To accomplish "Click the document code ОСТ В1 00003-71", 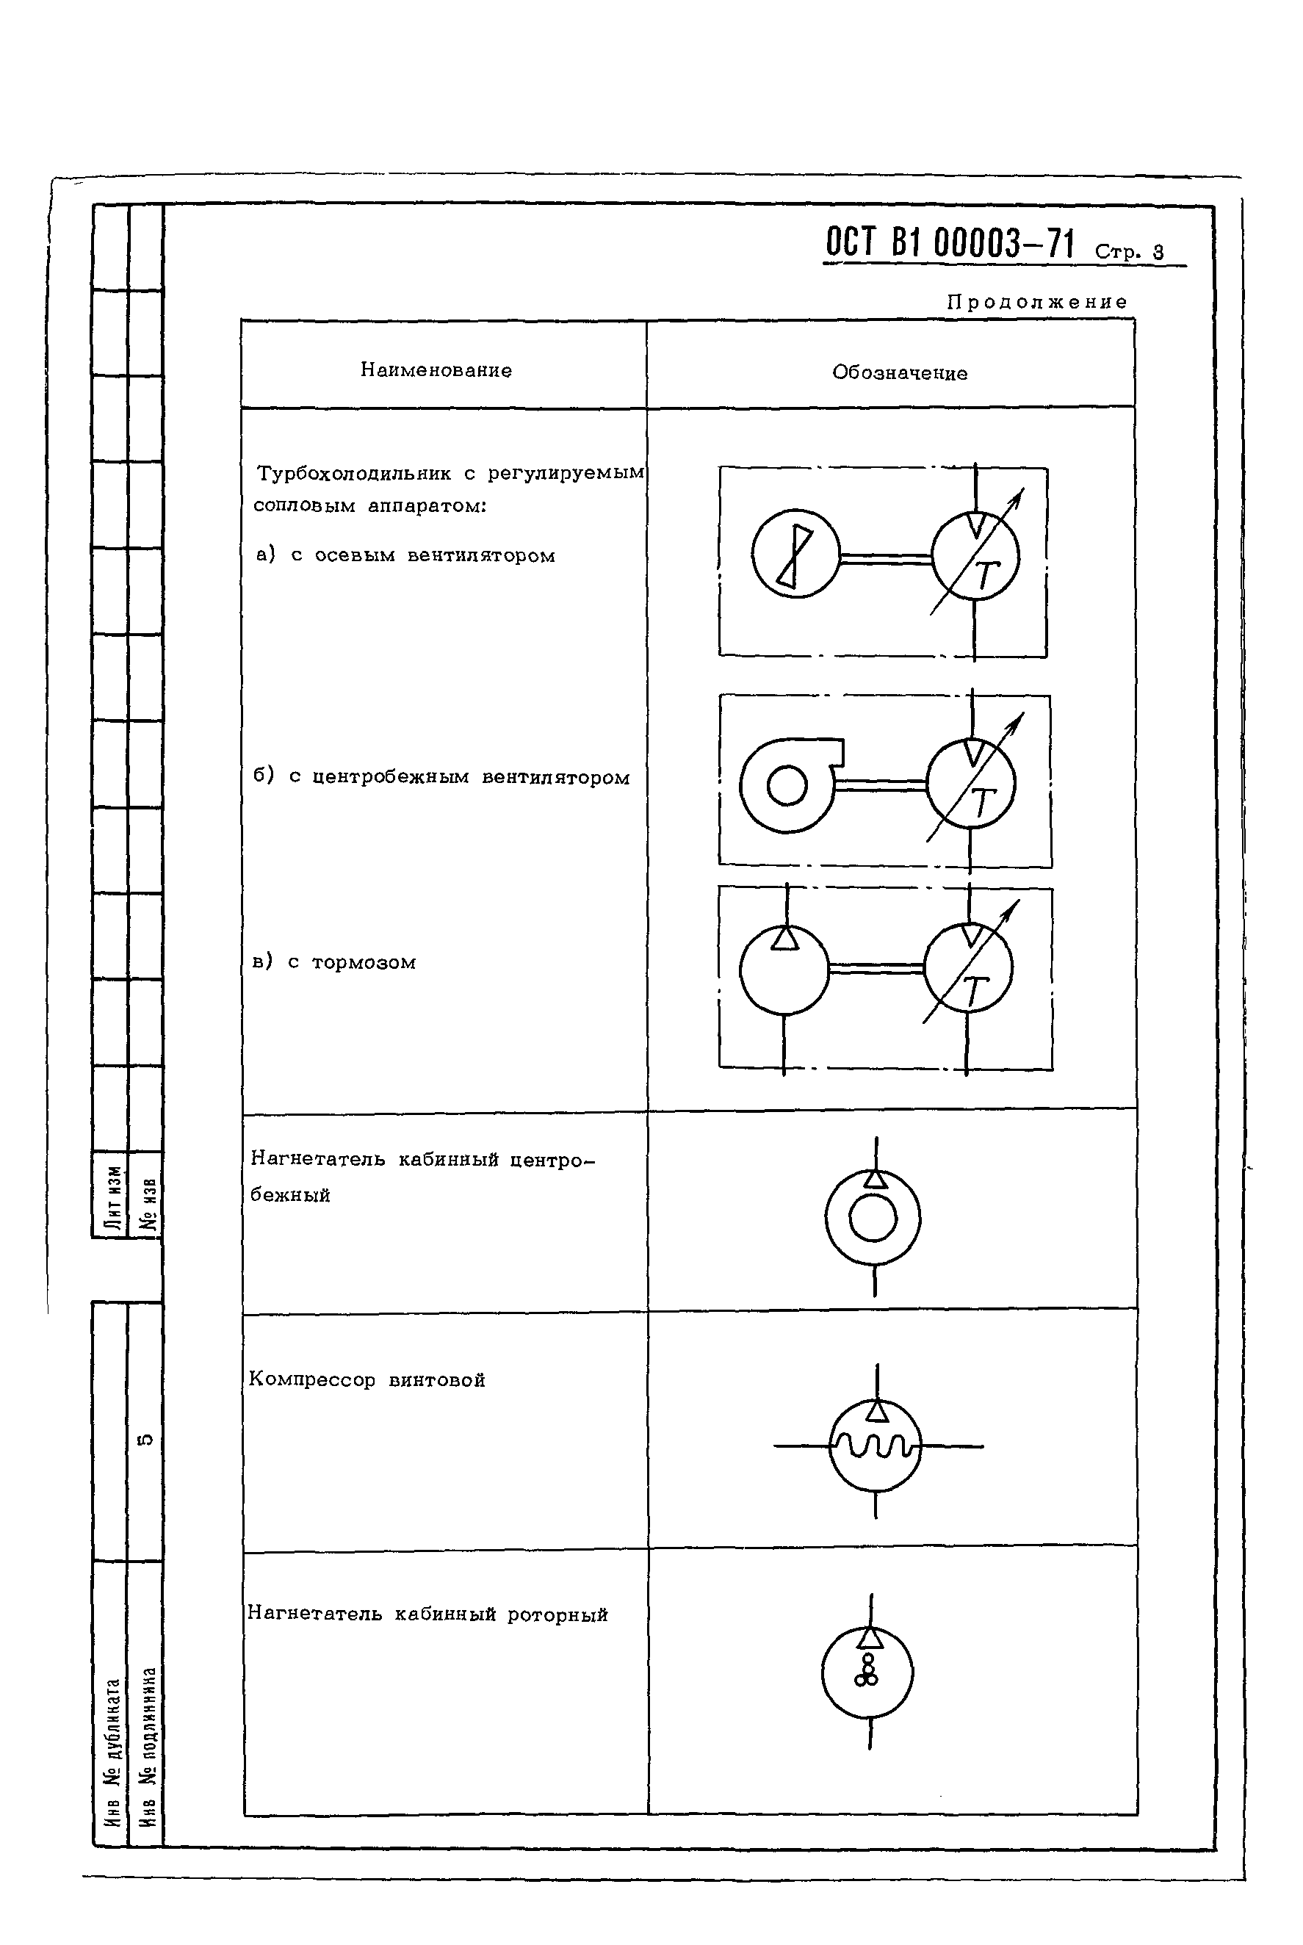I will point(949,243).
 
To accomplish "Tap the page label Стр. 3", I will point(1128,251).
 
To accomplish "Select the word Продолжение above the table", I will point(1037,302).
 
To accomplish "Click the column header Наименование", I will point(436,370).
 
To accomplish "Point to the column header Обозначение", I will point(899,373).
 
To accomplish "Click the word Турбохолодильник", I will point(354,474).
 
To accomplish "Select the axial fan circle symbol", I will point(795,553).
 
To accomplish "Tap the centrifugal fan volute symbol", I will point(789,784).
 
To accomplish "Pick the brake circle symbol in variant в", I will point(784,970).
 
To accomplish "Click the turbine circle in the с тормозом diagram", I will point(968,970).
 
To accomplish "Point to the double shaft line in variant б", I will point(881,784).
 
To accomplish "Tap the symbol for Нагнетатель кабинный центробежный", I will point(873,1217).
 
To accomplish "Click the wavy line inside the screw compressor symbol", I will point(876,1448).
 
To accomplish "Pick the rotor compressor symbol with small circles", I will point(867,1672).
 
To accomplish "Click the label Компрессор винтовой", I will point(367,1380).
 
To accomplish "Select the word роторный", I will point(557,1614).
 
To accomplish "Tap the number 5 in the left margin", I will point(144,1439).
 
